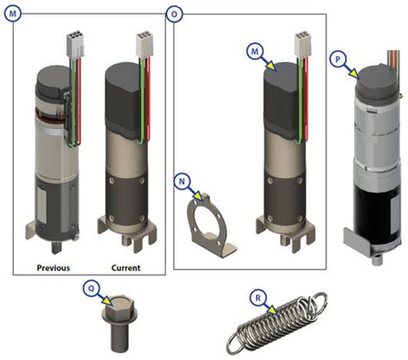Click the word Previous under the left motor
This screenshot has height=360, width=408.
pos(53,266)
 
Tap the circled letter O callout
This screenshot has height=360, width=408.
pos(175,14)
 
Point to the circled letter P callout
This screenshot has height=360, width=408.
pos(340,61)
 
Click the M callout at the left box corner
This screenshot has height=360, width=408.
pos(12,14)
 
